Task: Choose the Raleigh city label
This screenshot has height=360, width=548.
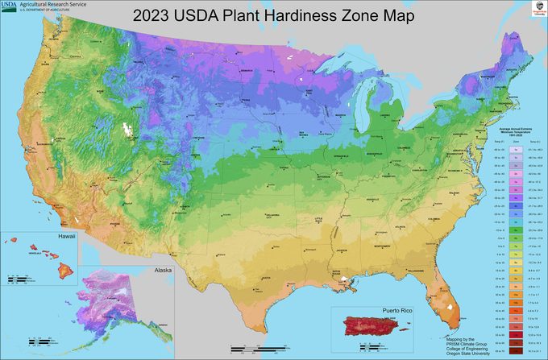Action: (x=456, y=193)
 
